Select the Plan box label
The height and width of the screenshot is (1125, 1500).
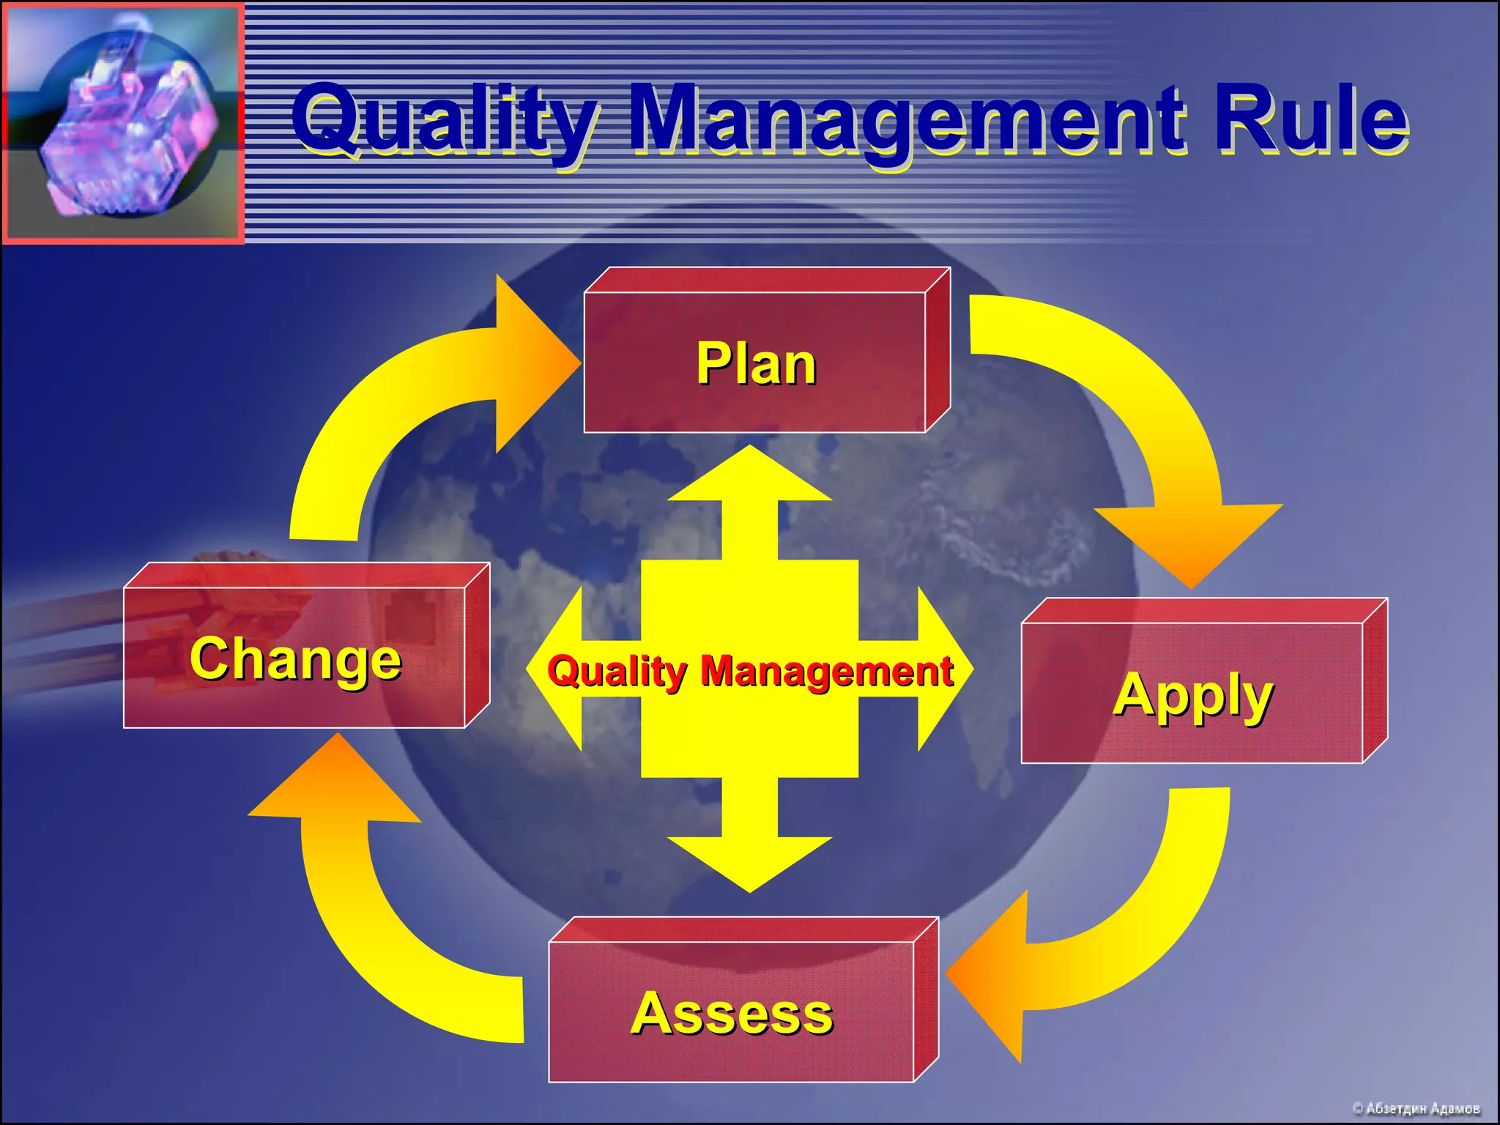[756, 363]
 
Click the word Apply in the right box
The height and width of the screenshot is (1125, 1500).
[1193, 696]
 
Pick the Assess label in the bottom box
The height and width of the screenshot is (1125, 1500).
[732, 1014]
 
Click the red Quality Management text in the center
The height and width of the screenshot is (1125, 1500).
[750, 671]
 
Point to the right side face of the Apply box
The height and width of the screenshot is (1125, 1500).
[1375, 681]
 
